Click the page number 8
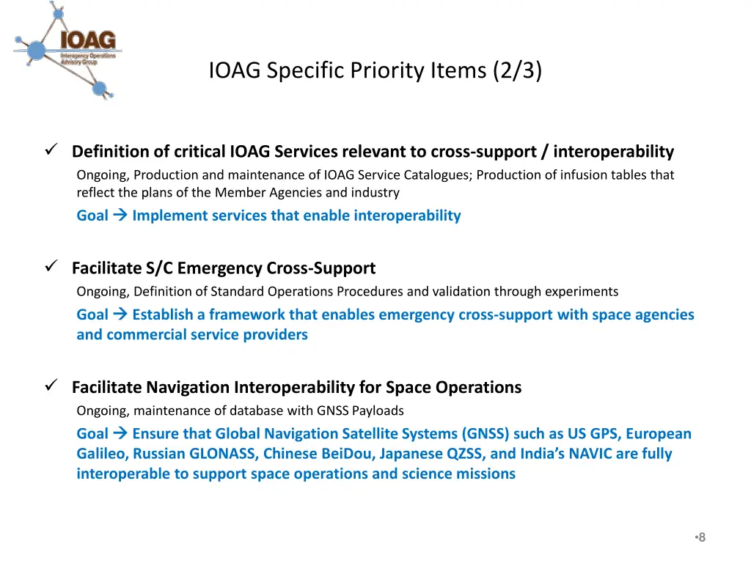click(x=702, y=537)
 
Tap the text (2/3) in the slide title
click(x=518, y=70)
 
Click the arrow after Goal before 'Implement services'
click(x=120, y=216)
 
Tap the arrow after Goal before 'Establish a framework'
click(x=120, y=314)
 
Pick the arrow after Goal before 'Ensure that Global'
click(x=120, y=433)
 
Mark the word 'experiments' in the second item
click(x=585, y=292)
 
